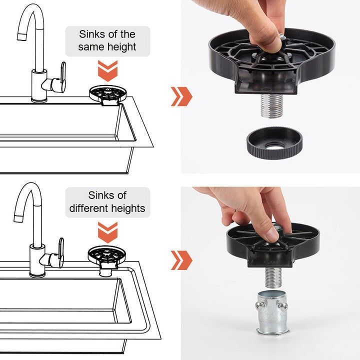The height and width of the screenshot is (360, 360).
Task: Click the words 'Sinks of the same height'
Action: point(107,41)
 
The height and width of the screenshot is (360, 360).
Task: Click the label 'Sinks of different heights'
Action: point(107,201)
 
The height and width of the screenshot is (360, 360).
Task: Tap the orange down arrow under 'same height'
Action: point(107,70)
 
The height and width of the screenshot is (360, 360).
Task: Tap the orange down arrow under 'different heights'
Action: point(107,232)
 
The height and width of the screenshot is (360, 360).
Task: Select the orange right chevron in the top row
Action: point(181,96)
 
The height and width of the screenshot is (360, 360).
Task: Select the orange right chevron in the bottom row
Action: point(181,260)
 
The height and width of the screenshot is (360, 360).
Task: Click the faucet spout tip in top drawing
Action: point(21,35)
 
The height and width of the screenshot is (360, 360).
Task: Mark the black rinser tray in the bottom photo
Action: point(305,240)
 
